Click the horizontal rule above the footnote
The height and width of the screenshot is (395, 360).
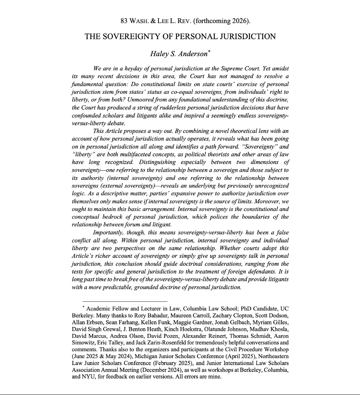tap(125, 301)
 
